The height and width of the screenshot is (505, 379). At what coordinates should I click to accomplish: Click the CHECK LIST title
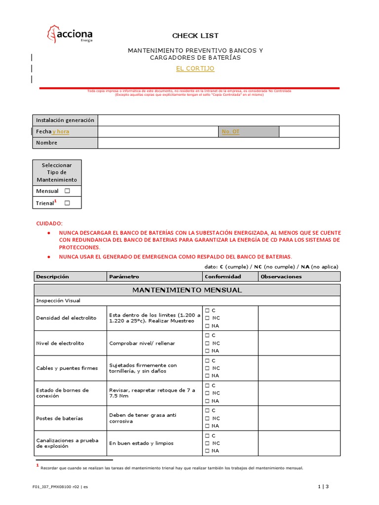(x=195, y=36)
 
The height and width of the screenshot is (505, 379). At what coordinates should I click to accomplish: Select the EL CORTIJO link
(x=195, y=69)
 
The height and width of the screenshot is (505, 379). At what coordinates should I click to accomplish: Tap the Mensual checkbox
(x=67, y=191)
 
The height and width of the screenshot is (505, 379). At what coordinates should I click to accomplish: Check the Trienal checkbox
(x=67, y=203)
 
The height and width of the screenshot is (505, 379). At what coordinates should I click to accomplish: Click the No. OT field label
(x=230, y=132)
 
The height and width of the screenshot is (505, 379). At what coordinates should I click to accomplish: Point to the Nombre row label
(x=47, y=143)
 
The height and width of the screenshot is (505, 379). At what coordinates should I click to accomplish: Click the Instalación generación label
(x=65, y=120)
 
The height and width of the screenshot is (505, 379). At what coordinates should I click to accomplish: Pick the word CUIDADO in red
(x=50, y=223)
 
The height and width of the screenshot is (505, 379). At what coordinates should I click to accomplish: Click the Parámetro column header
(x=124, y=277)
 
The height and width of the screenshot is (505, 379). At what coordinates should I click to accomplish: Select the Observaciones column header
(x=281, y=277)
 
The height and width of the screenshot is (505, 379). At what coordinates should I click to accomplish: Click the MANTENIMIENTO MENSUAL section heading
(x=187, y=290)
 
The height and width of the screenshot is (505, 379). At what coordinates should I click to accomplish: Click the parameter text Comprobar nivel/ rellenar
(x=142, y=343)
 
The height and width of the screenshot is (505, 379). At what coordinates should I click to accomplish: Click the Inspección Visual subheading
(x=58, y=300)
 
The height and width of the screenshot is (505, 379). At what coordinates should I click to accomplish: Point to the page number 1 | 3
(x=323, y=487)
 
